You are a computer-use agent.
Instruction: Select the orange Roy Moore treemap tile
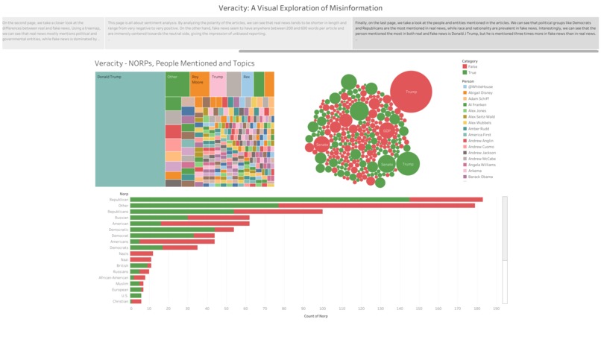(199, 83)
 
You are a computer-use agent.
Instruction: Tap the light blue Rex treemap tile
(247, 83)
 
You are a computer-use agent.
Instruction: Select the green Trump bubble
(407, 163)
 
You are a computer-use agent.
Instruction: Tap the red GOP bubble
(386, 130)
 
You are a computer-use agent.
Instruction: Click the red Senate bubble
(321, 144)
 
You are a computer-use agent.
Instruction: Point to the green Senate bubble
(386, 164)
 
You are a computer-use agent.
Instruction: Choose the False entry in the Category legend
(473, 66)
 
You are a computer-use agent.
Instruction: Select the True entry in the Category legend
(473, 72)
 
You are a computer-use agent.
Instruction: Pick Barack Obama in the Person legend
(482, 177)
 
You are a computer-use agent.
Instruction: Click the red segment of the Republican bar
(446, 199)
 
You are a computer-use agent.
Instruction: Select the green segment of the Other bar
(204, 205)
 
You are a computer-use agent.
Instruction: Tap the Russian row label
(122, 217)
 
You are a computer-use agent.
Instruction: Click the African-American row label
(114, 277)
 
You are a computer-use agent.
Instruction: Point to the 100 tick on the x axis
(322, 309)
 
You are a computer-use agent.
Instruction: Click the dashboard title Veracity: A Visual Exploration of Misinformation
(300, 7)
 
